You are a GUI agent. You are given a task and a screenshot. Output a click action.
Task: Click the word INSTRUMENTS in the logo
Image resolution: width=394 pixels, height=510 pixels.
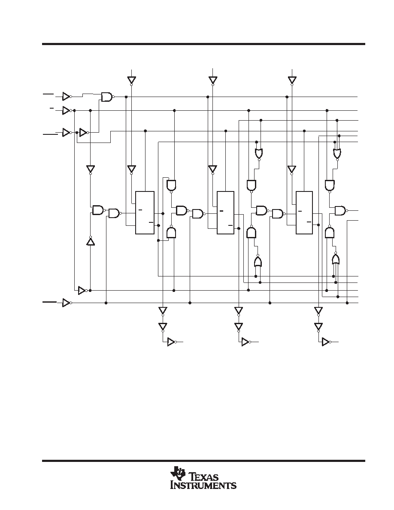(203, 485)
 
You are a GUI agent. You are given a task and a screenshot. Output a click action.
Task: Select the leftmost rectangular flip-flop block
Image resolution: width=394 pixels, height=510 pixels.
(145, 212)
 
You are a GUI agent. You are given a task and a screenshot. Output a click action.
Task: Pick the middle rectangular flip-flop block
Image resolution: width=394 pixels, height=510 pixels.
(225, 212)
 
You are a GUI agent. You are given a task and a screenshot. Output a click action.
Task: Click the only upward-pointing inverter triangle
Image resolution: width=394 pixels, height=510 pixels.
(91, 241)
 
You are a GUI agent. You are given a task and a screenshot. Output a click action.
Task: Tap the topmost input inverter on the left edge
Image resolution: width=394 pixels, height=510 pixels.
(67, 97)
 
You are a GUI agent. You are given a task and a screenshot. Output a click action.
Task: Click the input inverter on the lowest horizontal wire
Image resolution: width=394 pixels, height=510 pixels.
(67, 303)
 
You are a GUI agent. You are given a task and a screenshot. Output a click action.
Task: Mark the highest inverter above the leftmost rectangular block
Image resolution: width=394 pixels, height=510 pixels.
(131, 80)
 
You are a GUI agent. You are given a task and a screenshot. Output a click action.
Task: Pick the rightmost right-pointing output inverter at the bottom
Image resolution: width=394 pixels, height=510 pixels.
(326, 342)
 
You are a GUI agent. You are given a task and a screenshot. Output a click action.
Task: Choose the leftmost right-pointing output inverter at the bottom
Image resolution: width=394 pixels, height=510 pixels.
(172, 342)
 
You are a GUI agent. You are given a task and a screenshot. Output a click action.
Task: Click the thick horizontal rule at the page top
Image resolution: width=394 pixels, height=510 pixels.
(203, 44)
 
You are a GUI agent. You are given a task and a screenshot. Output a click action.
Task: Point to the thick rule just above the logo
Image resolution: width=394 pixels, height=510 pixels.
(203, 461)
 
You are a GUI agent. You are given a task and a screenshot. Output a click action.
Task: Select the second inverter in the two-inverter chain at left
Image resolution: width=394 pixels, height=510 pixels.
(84, 132)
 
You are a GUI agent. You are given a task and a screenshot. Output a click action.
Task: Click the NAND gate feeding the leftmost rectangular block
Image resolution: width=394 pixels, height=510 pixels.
(114, 213)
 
